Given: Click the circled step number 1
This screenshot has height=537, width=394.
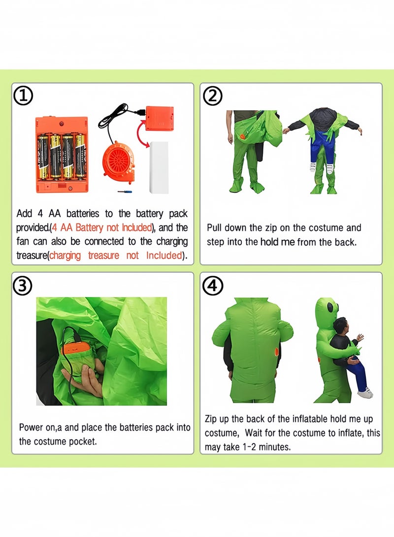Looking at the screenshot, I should coord(23,96).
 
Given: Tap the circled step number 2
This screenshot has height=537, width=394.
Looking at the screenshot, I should coord(213,96).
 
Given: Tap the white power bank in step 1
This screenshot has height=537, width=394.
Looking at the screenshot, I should coord(159,167).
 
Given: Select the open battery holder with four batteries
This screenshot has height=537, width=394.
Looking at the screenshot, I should coord(62,155).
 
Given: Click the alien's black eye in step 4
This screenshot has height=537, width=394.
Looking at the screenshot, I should coord(330,308).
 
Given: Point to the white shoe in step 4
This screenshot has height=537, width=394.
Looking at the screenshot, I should coord(365,392).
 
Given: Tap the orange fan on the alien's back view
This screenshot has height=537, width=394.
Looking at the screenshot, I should coord(277,352).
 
